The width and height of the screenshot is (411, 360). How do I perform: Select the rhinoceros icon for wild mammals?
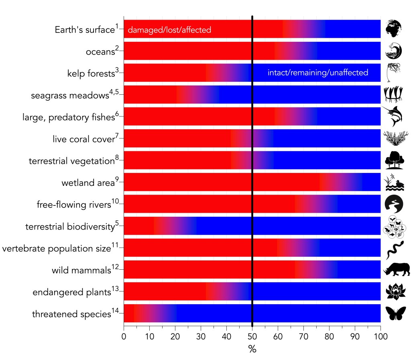click(x=397, y=270)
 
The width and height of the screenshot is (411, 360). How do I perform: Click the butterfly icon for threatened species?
click(x=396, y=313)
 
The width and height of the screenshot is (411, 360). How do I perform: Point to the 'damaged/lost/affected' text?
click(x=169, y=30)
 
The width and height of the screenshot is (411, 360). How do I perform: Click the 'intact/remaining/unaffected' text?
click(x=317, y=73)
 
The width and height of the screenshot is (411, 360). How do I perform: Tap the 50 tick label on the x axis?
click(x=252, y=334)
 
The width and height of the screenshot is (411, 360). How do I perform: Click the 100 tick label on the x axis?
click(x=380, y=334)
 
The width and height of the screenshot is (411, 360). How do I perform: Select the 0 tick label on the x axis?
click(x=124, y=334)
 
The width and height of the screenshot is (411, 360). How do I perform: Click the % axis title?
click(x=252, y=349)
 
